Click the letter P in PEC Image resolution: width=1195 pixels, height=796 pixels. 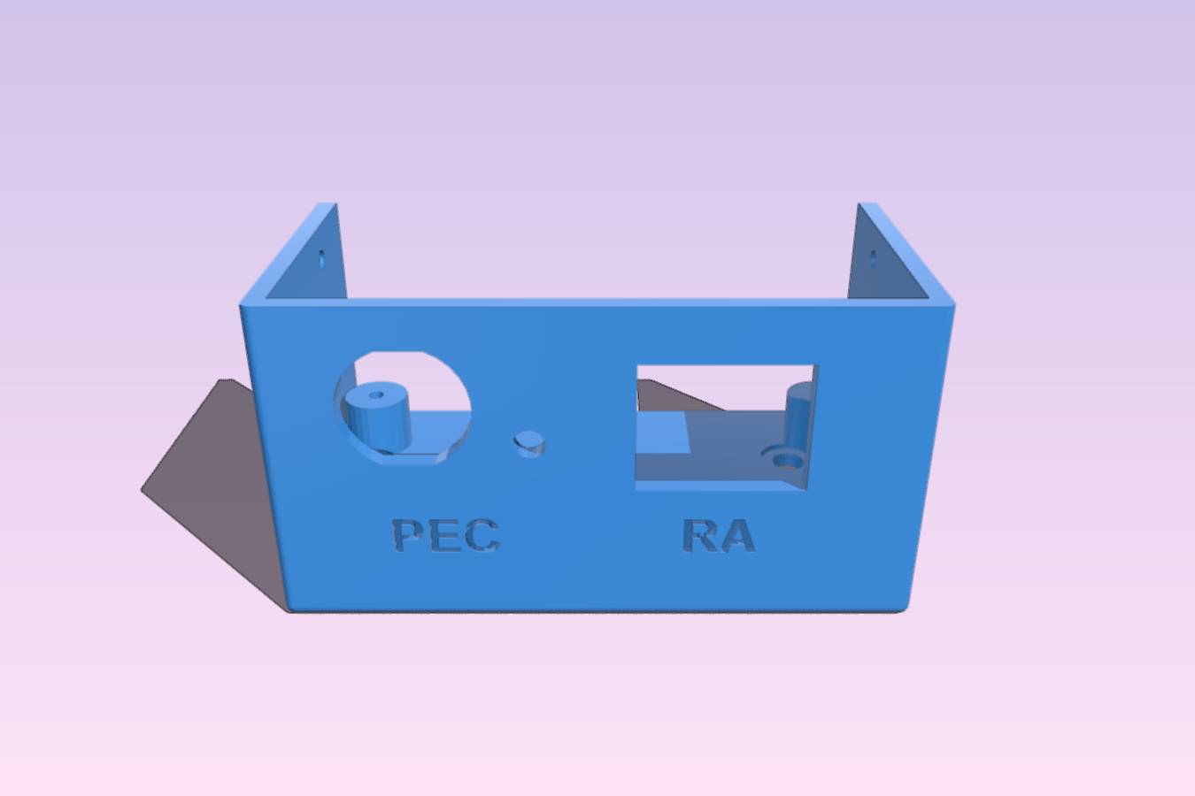coord(408,535)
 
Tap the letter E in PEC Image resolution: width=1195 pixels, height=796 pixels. coord(445,535)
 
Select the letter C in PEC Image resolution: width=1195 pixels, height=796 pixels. coord(482,535)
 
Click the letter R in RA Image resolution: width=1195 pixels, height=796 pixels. coord(699,535)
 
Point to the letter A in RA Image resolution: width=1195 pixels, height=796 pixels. coord(736,535)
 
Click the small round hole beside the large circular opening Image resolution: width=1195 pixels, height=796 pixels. coord(528,443)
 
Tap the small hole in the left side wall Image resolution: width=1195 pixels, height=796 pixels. coord(321,259)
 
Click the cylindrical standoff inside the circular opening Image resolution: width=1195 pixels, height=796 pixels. coord(376,419)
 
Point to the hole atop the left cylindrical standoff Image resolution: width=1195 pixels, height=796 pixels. coord(376,395)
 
